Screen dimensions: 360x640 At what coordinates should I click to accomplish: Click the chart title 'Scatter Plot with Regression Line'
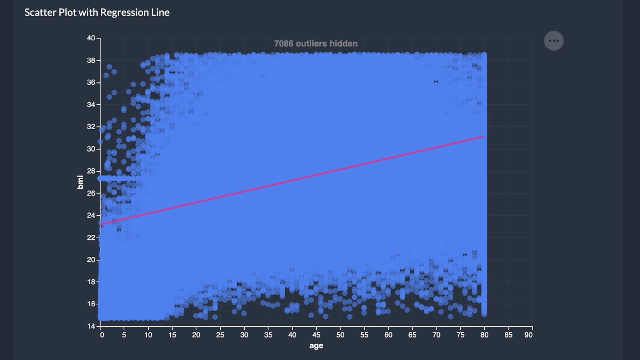pyautogui.click(x=97, y=12)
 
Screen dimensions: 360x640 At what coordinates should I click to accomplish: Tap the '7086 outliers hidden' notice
pyautogui.click(x=316, y=44)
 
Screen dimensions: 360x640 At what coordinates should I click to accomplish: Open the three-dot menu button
pyautogui.click(x=554, y=41)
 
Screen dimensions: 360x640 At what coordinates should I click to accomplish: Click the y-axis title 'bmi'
pyautogui.click(x=80, y=182)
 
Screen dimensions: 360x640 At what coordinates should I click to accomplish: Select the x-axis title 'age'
pyautogui.click(x=316, y=346)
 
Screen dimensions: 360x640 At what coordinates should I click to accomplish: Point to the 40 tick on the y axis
pyautogui.click(x=91, y=38)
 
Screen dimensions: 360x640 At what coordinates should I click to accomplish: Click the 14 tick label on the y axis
pyautogui.click(x=91, y=326)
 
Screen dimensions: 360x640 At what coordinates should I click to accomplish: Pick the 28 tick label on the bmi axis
pyautogui.click(x=91, y=171)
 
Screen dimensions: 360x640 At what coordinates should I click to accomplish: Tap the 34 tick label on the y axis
pyautogui.click(x=91, y=105)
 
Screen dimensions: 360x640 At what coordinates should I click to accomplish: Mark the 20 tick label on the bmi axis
pyautogui.click(x=91, y=260)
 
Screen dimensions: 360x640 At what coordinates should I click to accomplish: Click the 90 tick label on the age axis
pyautogui.click(x=528, y=335)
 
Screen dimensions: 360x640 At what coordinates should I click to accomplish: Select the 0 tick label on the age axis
pyautogui.click(x=102, y=335)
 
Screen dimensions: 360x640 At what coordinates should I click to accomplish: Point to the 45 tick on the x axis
pyautogui.click(x=316, y=335)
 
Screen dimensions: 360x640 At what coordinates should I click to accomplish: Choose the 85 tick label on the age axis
pyautogui.click(x=508, y=335)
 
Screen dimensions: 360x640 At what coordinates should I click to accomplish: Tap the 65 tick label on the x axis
pyautogui.click(x=412, y=335)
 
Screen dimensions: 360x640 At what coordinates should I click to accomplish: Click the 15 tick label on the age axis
pyautogui.click(x=172, y=335)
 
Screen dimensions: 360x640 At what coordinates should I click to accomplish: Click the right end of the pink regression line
pyautogui.click(x=484, y=137)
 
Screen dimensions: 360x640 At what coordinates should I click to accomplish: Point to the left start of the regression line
pyautogui.click(x=101, y=224)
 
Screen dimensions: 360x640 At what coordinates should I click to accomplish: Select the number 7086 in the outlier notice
pyautogui.click(x=284, y=44)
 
